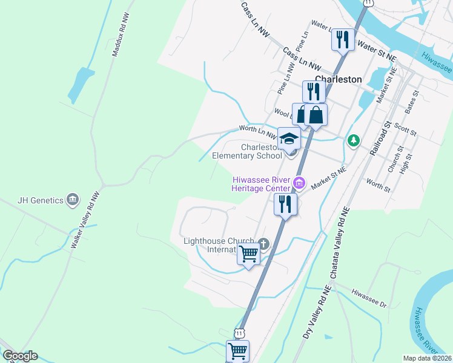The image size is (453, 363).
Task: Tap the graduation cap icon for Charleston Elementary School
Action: (289, 139)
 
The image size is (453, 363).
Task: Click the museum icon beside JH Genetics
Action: (73, 198)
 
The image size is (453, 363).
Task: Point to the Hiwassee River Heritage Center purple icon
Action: (298, 182)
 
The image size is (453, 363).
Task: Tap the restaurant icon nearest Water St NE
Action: (343, 40)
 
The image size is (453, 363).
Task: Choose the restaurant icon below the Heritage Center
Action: (285, 204)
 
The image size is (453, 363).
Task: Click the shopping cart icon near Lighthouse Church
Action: (248, 254)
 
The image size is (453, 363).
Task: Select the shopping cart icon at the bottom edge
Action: (237, 350)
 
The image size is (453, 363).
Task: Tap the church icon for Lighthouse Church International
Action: (263, 244)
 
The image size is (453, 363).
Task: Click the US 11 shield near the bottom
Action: (240, 333)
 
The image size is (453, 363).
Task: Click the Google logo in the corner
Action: (20, 356)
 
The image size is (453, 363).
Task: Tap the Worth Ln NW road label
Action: (257, 128)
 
